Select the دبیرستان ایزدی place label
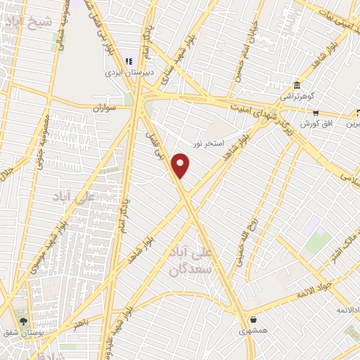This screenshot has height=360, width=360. pyautogui.click(x=124, y=72)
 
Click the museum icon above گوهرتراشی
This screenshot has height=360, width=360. pyautogui.click(x=297, y=84)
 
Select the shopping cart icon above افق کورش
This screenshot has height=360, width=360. pyautogui.click(x=316, y=112)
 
